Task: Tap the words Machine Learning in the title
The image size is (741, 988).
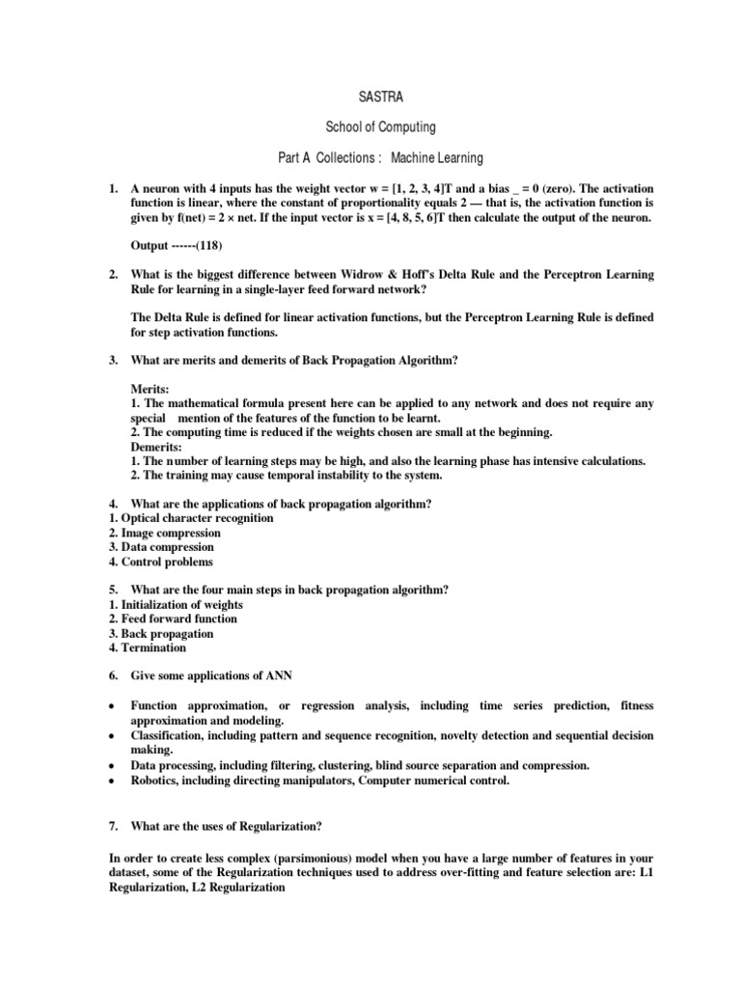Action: tap(434, 156)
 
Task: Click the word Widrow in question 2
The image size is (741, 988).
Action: tap(369, 275)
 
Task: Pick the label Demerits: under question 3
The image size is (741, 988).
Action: tap(156, 447)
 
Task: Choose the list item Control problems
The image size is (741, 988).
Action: tap(166, 562)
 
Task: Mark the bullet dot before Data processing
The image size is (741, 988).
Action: tap(113, 766)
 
